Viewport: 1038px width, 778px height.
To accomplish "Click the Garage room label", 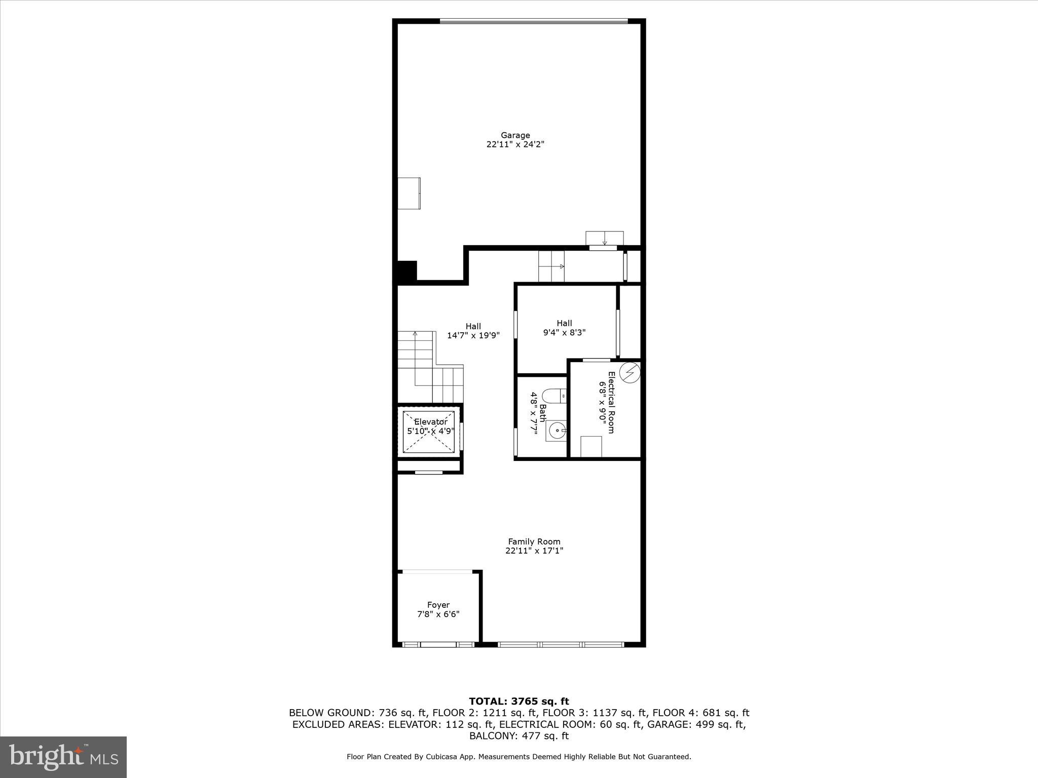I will pyautogui.click(x=515, y=135).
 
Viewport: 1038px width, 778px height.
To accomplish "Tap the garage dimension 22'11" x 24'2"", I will pyautogui.click(x=515, y=144).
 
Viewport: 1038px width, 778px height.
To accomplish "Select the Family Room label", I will pyautogui.click(x=534, y=541).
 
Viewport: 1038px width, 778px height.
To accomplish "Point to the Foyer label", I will pyautogui.click(x=438, y=605).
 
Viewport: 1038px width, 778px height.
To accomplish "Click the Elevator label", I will pyautogui.click(x=431, y=422).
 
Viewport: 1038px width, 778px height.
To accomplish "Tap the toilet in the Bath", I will pyautogui.click(x=554, y=396).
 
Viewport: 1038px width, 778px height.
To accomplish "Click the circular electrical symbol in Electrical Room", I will pyautogui.click(x=630, y=373).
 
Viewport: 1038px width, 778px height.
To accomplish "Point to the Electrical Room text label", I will pyautogui.click(x=611, y=402).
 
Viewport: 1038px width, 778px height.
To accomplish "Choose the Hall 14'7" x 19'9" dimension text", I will pyautogui.click(x=473, y=335).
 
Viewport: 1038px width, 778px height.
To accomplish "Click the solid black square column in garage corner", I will pyautogui.click(x=406, y=271).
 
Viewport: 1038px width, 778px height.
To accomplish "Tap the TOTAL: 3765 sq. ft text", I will pyautogui.click(x=519, y=701).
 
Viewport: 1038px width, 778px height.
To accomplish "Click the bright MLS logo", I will pyautogui.click(x=63, y=757).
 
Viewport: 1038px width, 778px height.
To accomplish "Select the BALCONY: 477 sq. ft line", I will pyautogui.click(x=519, y=736).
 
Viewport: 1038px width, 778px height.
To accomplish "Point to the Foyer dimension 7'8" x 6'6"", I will pyautogui.click(x=438, y=614).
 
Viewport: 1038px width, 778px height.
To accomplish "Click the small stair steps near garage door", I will pyautogui.click(x=551, y=266).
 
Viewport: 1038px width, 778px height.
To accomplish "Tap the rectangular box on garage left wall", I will pyautogui.click(x=409, y=193).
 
